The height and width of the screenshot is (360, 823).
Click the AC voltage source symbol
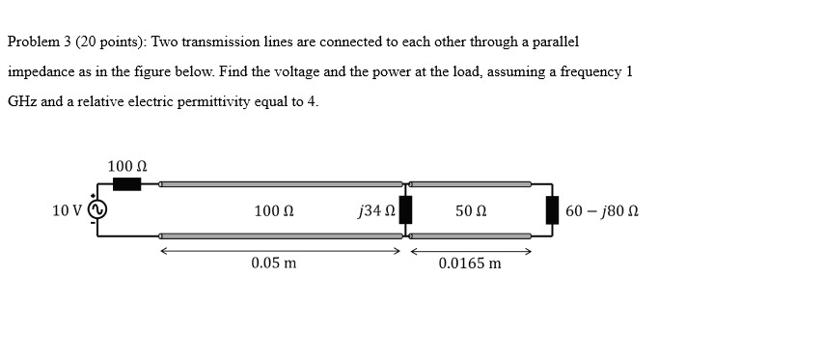[x=97, y=209]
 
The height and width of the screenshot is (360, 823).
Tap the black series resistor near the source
[x=126, y=183]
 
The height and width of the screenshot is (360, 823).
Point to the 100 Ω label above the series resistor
[x=127, y=166]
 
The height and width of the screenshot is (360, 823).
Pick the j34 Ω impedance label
[x=375, y=210]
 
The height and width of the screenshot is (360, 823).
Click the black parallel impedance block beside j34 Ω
[x=405, y=209]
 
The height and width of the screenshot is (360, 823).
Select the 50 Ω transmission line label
[x=470, y=210]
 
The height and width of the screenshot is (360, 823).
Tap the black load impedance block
[x=552, y=209]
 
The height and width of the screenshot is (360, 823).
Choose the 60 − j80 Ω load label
[x=602, y=210]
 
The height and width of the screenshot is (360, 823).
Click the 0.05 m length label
[x=274, y=263]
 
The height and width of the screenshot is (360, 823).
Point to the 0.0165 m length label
[x=470, y=263]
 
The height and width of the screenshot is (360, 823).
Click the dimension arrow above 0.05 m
[x=280, y=251]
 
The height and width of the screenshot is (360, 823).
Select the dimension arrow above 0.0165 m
[x=471, y=251]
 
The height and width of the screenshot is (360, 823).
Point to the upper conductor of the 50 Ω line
[x=471, y=183]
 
